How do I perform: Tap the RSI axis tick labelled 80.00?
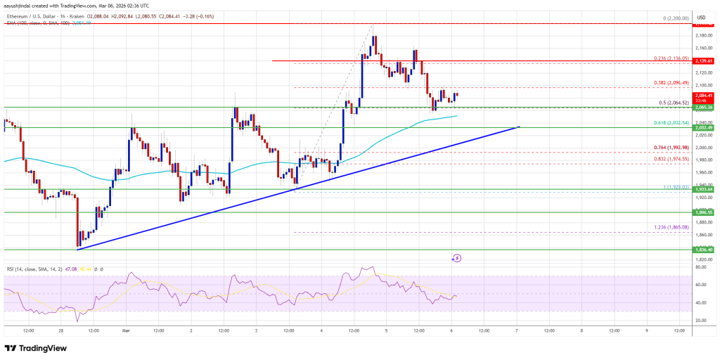point(700,267)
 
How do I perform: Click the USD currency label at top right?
point(700,18)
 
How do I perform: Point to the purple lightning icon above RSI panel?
point(457,258)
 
